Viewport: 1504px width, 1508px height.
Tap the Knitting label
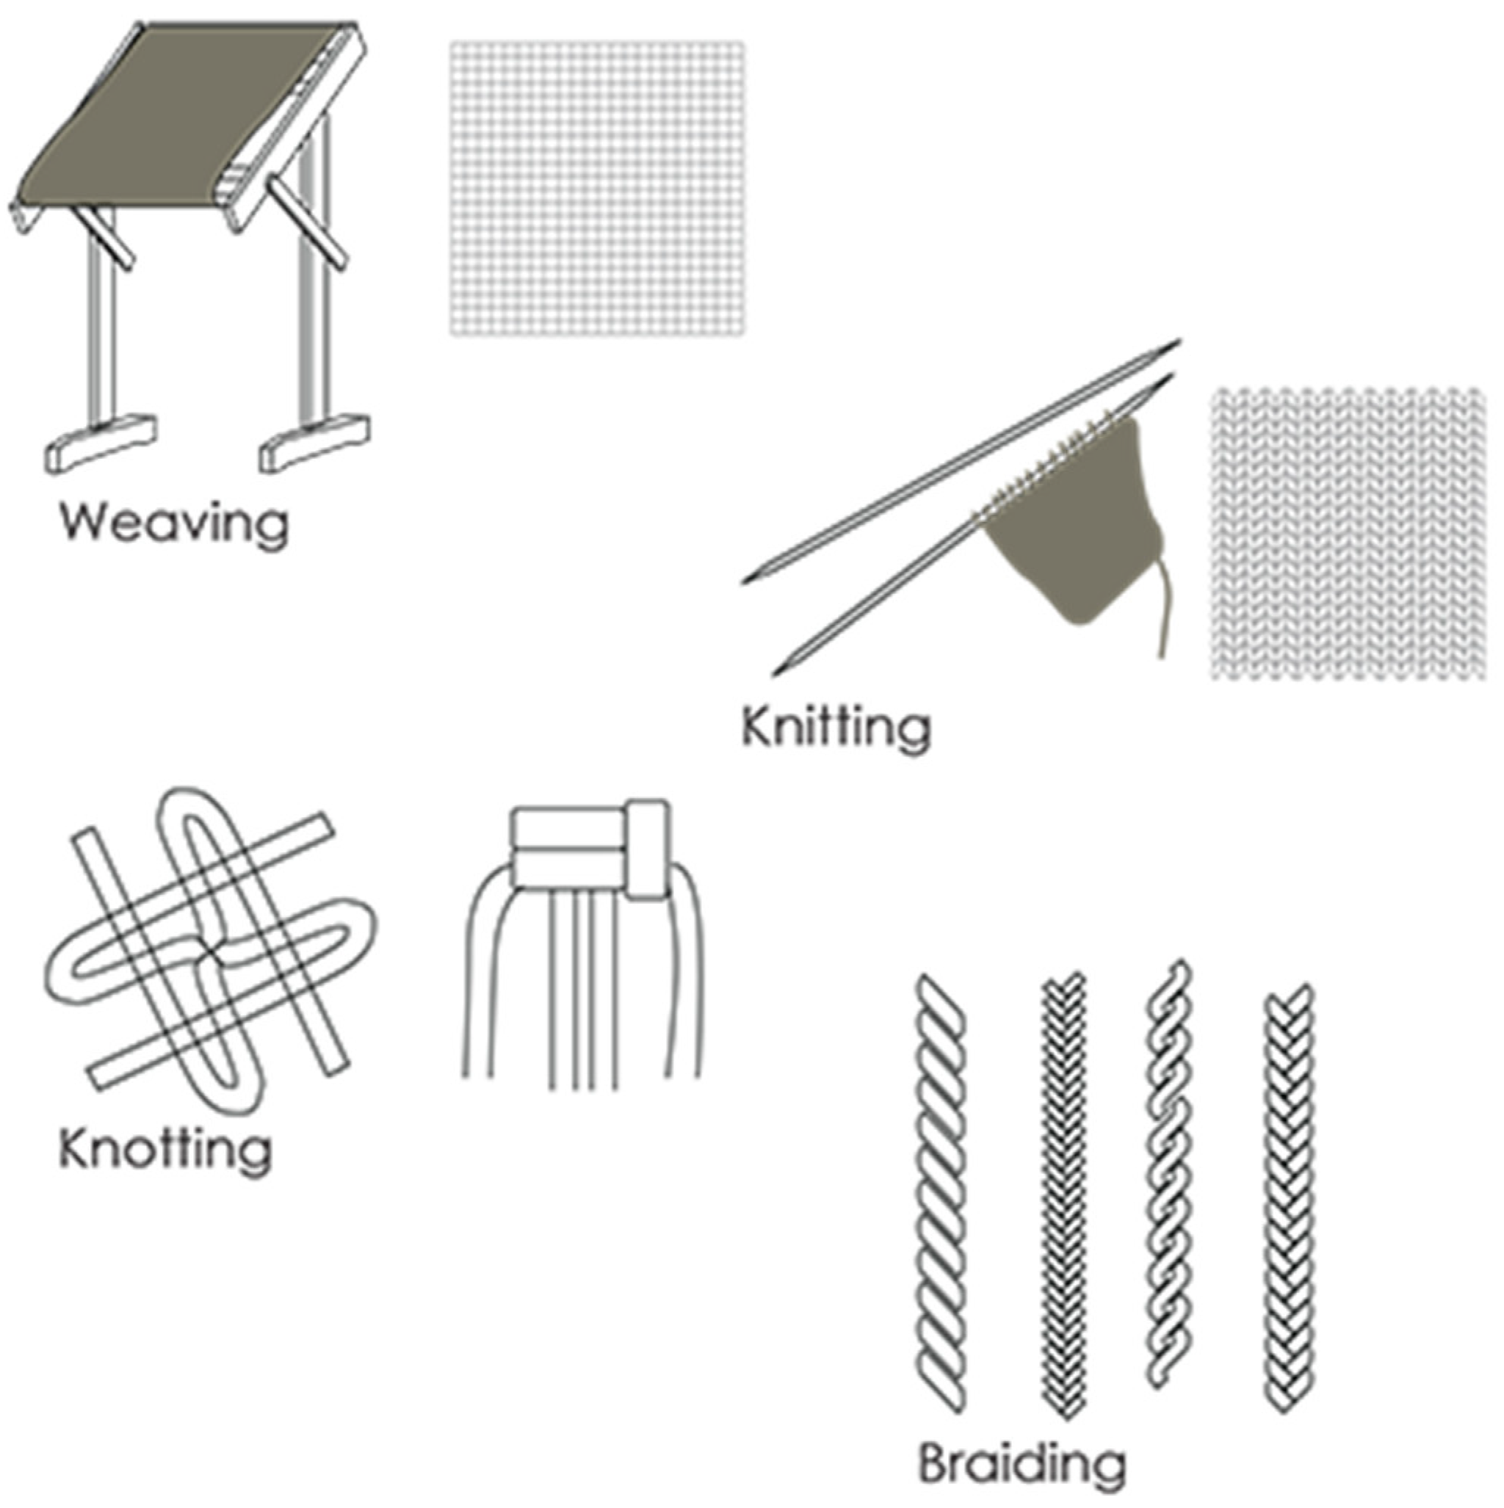coord(836,728)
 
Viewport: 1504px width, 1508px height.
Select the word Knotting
coord(165,1150)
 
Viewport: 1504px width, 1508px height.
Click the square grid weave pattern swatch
coord(597,189)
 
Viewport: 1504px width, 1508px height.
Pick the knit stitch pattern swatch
coord(1348,532)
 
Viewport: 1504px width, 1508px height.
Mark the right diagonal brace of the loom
coord(306,222)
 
